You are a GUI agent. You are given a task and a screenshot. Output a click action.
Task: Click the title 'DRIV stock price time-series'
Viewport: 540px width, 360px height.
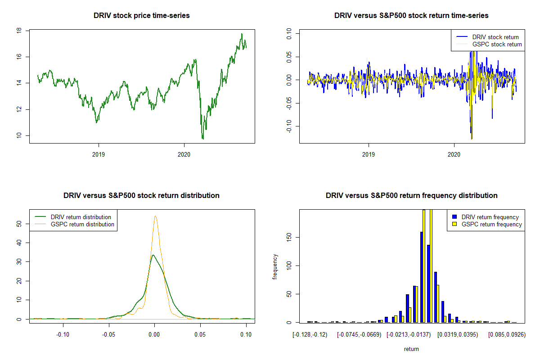tap(141, 16)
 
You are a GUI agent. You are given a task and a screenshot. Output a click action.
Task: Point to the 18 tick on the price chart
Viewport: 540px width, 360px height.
tap(19, 31)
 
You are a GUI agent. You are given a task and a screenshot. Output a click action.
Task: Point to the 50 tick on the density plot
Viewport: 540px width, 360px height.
tap(19, 223)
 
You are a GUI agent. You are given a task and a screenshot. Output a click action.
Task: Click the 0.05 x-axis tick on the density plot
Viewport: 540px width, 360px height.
tap(200, 335)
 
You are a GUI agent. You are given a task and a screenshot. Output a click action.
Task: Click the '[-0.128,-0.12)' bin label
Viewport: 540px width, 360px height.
tap(310, 335)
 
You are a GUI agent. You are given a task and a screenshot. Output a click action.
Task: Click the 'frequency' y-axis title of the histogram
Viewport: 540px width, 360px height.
tap(275, 266)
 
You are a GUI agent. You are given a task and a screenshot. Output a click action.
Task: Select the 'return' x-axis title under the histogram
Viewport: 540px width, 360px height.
tap(411, 349)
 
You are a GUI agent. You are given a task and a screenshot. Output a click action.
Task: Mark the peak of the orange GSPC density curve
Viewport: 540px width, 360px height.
tap(155, 216)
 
